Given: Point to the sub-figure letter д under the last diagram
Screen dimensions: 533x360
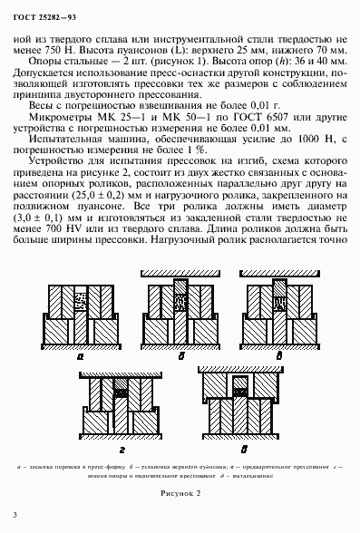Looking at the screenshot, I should [x=243, y=447].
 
